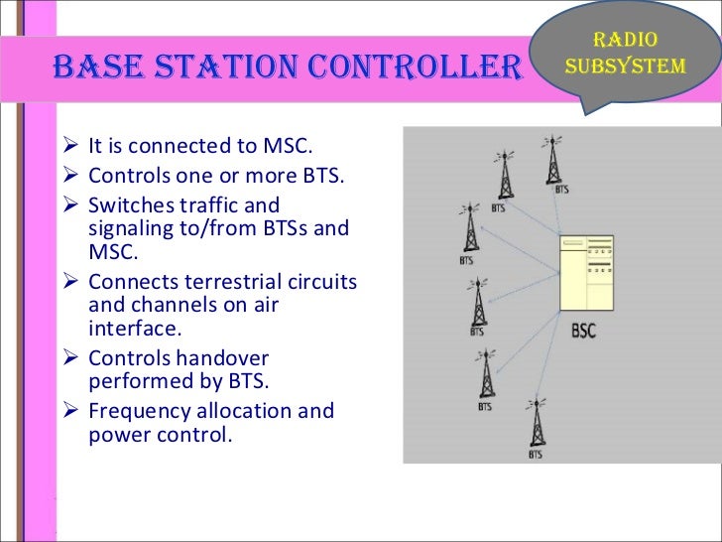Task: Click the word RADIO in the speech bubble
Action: pyautogui.click(x=624, y=41)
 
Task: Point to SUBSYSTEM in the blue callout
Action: pyautogui.click(x=624, y=67)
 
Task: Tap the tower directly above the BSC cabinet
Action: pyautogui.click(x=550, y=159)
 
